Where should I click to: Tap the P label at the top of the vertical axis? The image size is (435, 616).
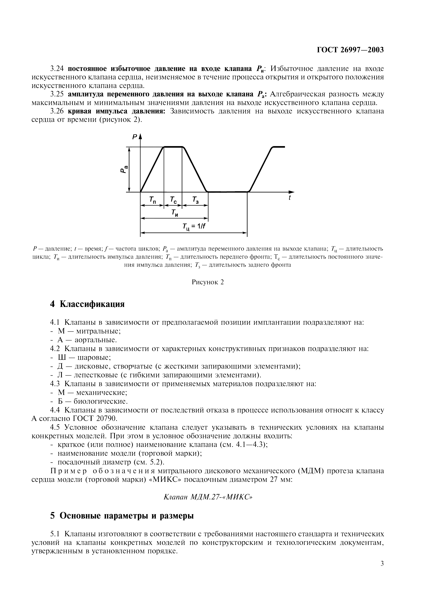click(x=135, y=137)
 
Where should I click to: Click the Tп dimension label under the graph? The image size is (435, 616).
click(x=152, y=200)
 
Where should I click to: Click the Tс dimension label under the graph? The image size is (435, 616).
click(x=173, y=200)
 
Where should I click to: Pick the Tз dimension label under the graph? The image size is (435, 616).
click(x=195, y=200)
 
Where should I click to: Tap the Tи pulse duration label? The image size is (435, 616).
click(x=175, y=213)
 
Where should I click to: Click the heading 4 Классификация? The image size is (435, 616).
click(x=87, y=304)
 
